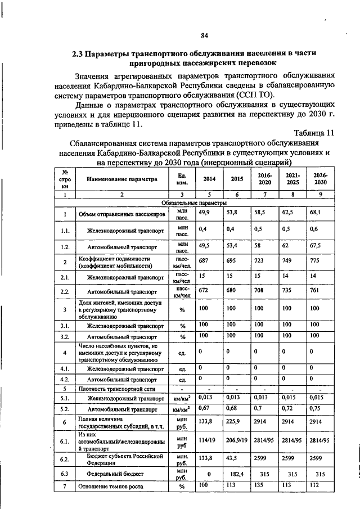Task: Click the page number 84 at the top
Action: point(204,36)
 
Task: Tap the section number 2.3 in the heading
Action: point(78,54)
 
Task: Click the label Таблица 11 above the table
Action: point(314,133)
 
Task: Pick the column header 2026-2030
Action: point(320,179)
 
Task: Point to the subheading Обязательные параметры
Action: point(193,201)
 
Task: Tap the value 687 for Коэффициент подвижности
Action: point(202,261)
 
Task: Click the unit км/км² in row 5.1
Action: point(182,398)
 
